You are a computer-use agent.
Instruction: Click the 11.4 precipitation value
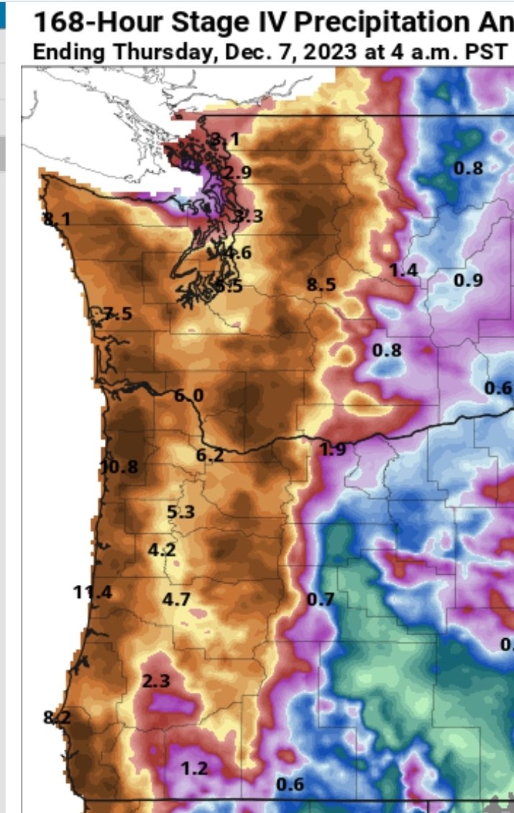[93, 593]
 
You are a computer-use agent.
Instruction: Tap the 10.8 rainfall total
[119, 466]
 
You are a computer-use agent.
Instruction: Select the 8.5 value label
[321, 285]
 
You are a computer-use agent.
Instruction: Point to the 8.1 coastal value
[57, 219]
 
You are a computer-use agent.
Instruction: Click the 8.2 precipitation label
[57, 717]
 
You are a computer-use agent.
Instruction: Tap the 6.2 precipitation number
[210, 455]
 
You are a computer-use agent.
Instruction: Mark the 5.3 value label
[181, 512]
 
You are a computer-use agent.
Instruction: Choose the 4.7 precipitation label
[176, 599]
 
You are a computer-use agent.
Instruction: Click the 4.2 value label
[162, 550]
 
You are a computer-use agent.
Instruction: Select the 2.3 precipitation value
[156, 681]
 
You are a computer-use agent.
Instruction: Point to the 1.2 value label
[194, 768]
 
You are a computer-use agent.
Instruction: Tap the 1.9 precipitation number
[331, 449]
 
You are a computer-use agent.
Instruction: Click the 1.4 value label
[403, 271]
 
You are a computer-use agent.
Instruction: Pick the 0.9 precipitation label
[469, 280]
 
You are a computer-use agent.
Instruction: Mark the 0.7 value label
[321, 599]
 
